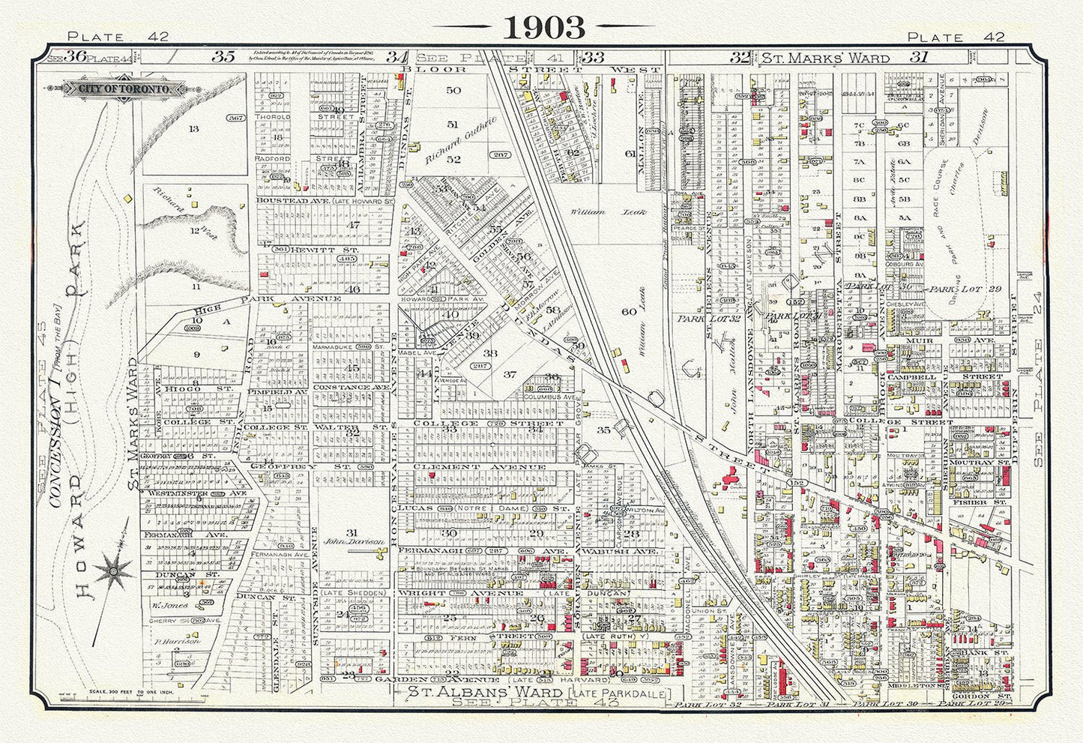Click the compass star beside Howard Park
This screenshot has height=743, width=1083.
(115, 571)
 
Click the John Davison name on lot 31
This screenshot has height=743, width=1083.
(343, 540)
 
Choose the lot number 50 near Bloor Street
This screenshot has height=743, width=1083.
(453, 91)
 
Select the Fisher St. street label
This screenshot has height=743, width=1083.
(974, 502)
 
